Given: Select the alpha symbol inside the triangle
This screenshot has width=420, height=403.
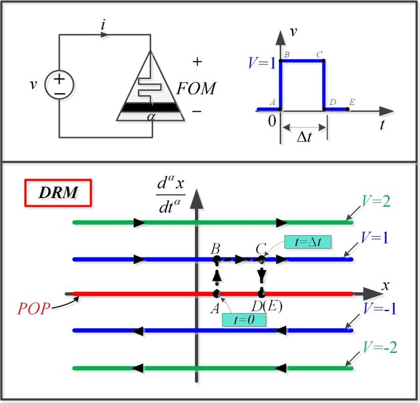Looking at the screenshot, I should click(x=151, y=116).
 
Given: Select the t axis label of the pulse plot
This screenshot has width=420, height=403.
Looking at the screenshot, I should click(x=381, y=124).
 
